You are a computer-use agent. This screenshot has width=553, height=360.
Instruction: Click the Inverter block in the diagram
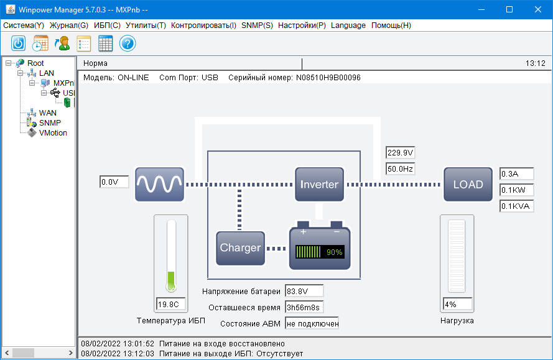click(319, 184)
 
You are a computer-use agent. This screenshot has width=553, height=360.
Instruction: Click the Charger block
click(240, 247)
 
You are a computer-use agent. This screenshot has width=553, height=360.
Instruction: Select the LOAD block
click(468, 184)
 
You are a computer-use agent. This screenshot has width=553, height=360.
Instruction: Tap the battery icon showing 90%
click(320, 247)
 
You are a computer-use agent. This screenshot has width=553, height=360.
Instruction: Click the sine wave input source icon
click(160, 184)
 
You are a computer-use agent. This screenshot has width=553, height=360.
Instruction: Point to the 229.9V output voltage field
click(400, 153)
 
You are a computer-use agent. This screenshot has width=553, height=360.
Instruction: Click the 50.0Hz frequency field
click(400, 168)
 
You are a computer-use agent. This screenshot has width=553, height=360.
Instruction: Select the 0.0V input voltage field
click(114, 182)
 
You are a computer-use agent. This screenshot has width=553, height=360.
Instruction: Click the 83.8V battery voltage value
click(304, 291)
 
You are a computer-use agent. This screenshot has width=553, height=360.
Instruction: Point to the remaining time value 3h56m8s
click(304, 307)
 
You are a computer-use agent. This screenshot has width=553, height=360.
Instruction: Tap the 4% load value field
click(457, 305)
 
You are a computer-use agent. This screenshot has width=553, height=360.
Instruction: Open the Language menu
click(348, 25)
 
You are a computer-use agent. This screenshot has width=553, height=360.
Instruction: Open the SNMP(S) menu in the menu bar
click(257, 25)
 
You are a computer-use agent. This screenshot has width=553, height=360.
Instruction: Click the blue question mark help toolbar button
click(128, 44)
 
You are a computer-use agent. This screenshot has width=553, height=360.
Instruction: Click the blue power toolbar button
click(19, 44)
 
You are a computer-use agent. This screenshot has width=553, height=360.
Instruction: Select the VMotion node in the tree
click(53, 132)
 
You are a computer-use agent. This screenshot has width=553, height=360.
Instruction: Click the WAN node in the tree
click(47, 113)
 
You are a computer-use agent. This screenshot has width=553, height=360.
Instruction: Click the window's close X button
click(538, 9)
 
